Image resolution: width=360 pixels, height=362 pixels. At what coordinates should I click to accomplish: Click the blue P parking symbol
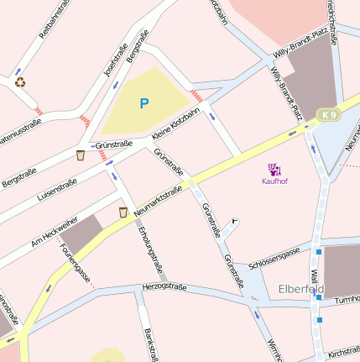143,103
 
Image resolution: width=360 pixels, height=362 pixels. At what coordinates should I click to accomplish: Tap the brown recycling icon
20,82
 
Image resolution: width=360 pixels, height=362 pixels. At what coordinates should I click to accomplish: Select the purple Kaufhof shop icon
274,170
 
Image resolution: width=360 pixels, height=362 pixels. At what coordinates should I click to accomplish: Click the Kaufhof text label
274,181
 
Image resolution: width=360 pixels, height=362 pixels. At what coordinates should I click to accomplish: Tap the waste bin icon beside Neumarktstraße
123,212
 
